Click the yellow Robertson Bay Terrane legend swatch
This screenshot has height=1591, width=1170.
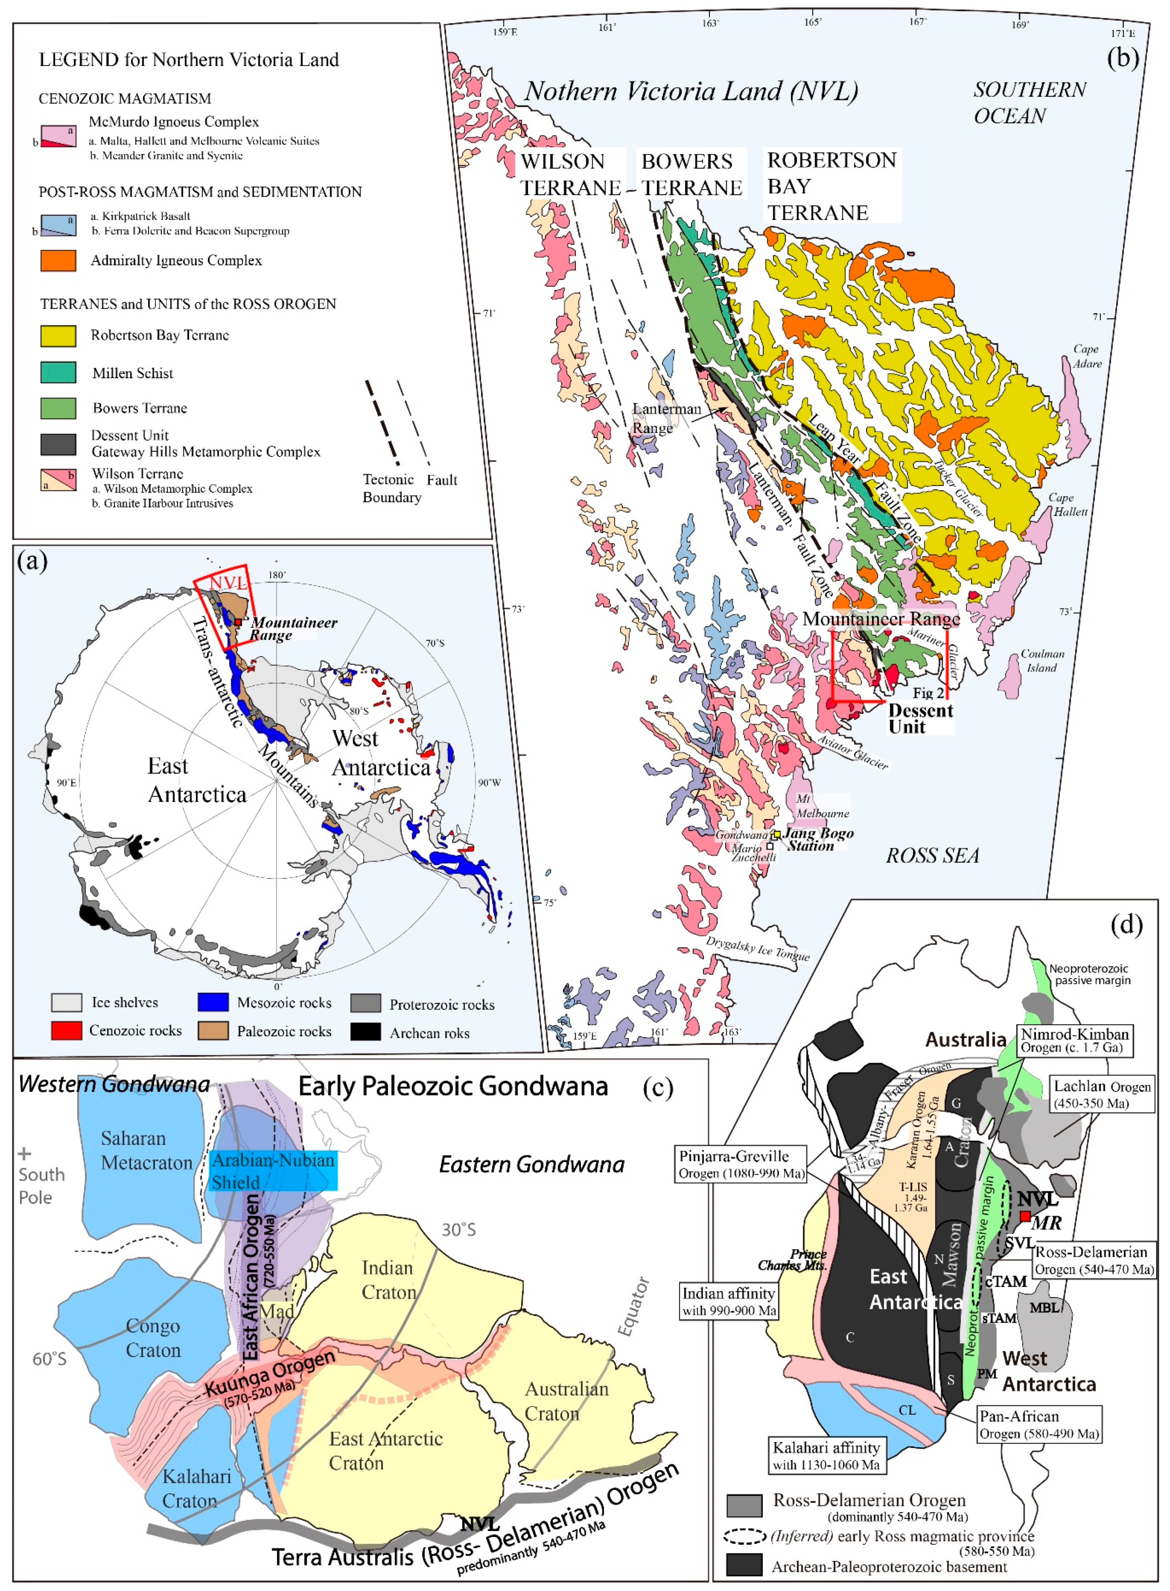click(58, 336)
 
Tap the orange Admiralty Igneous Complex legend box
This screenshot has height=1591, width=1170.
click(58, 261)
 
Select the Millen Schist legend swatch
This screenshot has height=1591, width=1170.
click(58, 373)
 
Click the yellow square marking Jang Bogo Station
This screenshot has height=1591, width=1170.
click(776, 835)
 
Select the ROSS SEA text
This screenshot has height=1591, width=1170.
click(932, 855)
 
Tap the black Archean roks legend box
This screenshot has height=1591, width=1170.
click(366, 1032)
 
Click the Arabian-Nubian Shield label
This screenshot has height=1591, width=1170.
click(272, 1171)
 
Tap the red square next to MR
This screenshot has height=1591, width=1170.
click(1024, 1215)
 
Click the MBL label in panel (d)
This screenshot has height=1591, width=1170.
click(1043, 1307)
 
